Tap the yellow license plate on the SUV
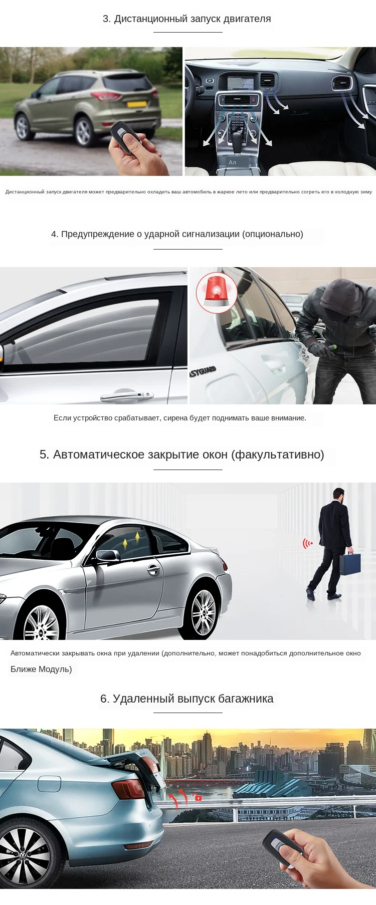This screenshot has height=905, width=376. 136,104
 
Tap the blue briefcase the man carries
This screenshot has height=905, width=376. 350,564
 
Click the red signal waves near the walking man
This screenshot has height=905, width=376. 307,543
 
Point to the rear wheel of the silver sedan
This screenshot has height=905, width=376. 203,611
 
